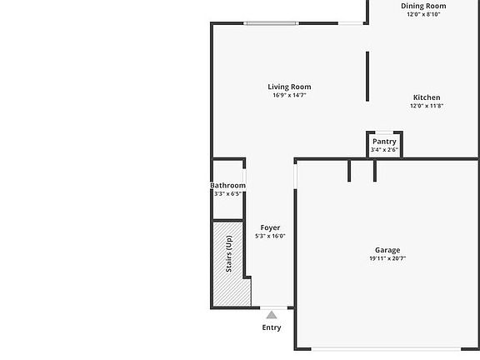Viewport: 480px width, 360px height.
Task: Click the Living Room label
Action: click(x=289, y=87)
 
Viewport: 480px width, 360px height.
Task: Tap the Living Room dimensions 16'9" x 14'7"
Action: click(x=289, y=95)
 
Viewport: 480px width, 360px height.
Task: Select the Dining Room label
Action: click(x=423, y=6)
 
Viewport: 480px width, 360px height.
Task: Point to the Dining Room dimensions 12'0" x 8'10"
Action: click(x=423, y=14)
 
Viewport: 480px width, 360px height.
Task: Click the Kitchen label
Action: click(x=427, y=97)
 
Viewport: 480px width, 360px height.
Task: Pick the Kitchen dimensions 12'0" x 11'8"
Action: click(x=427, y=106)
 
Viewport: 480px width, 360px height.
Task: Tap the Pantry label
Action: click(x=384, y=142)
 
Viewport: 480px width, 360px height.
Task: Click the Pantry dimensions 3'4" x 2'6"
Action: click(x=384, y=150)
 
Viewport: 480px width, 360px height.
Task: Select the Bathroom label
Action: click(x=227, y=185)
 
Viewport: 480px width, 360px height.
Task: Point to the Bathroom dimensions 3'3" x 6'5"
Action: click(x=227, y=193)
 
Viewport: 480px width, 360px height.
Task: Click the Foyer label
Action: click(x=270, y=227)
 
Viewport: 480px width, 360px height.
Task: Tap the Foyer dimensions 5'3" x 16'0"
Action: click(x=270, y=236)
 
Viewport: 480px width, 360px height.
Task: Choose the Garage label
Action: click(x=387, y=250)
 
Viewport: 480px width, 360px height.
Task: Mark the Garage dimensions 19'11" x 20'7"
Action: click(x=387, y=258)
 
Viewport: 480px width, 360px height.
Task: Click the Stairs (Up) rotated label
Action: click(x=228, y=254)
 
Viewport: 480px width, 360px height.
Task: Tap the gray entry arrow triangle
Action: click(x=272, y=315)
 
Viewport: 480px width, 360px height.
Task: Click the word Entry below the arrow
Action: click(x=272, y=327)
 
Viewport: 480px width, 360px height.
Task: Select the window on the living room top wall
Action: click(x=271, y=23)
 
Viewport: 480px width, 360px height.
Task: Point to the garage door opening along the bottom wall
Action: click(x=387, y=349)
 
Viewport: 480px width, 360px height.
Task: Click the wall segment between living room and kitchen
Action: click(x=367, y=77)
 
